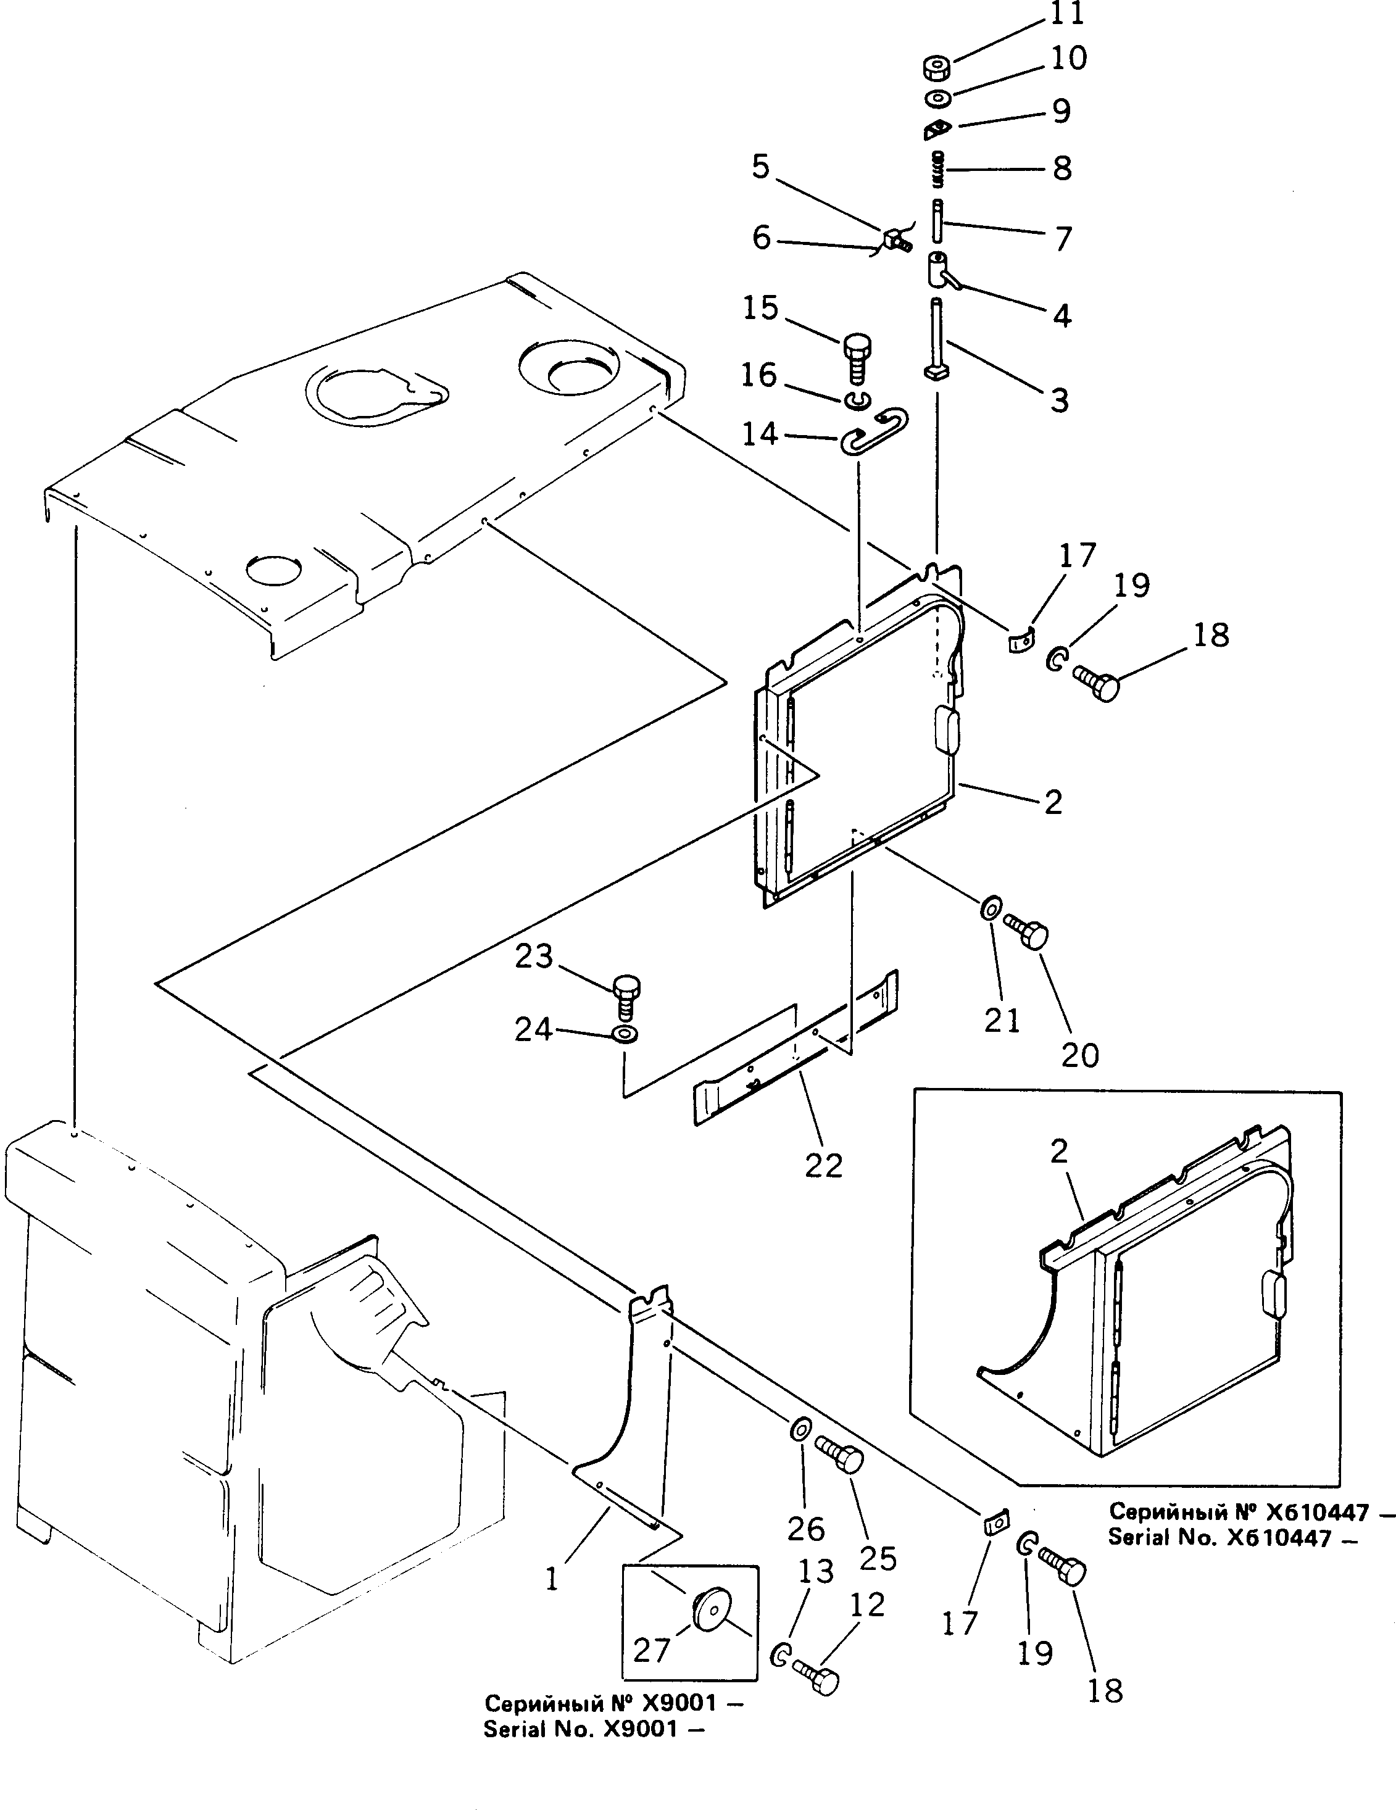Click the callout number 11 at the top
coord(1067,14)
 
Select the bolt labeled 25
coord(841,1454)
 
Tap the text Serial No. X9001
coord(594,1730)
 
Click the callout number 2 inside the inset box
coord(1058,1151)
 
